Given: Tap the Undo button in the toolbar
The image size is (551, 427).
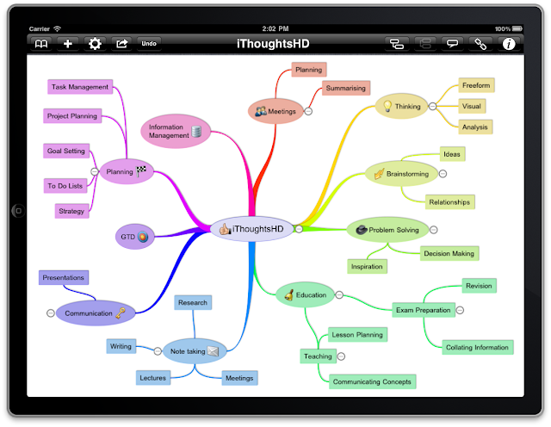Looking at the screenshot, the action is click(149, 44).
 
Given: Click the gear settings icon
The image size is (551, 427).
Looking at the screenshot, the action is click(95, 44).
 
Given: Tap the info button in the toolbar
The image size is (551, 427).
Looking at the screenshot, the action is click(509, 44).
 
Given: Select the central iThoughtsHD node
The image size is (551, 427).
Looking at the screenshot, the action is click(251, 229).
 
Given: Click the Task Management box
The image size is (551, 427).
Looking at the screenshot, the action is click(80, 87).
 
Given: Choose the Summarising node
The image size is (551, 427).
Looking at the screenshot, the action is click(346, 88).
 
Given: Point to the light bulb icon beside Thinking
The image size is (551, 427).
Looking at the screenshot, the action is click(387, 106).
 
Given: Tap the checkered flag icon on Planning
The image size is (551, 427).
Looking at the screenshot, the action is click(141, 170).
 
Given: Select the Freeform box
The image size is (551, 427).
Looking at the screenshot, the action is click(476, 85).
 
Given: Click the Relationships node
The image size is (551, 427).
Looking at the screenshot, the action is click(449, 202).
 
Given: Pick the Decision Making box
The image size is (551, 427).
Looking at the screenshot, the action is click(449, 253).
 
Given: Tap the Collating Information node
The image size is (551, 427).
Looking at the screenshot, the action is click(477, 347).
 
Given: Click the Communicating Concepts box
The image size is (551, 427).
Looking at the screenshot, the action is click(372, 381).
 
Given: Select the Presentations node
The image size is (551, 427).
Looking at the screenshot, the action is click(64, 278).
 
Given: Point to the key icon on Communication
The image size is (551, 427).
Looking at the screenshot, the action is click(121, 313).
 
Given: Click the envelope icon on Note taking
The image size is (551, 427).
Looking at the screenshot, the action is click(213, 351).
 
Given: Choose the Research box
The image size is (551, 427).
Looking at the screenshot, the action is click(193, 302).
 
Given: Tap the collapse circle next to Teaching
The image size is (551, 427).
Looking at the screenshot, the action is click(341, 356).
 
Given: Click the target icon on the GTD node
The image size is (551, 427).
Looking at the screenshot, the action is click(143, 237).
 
